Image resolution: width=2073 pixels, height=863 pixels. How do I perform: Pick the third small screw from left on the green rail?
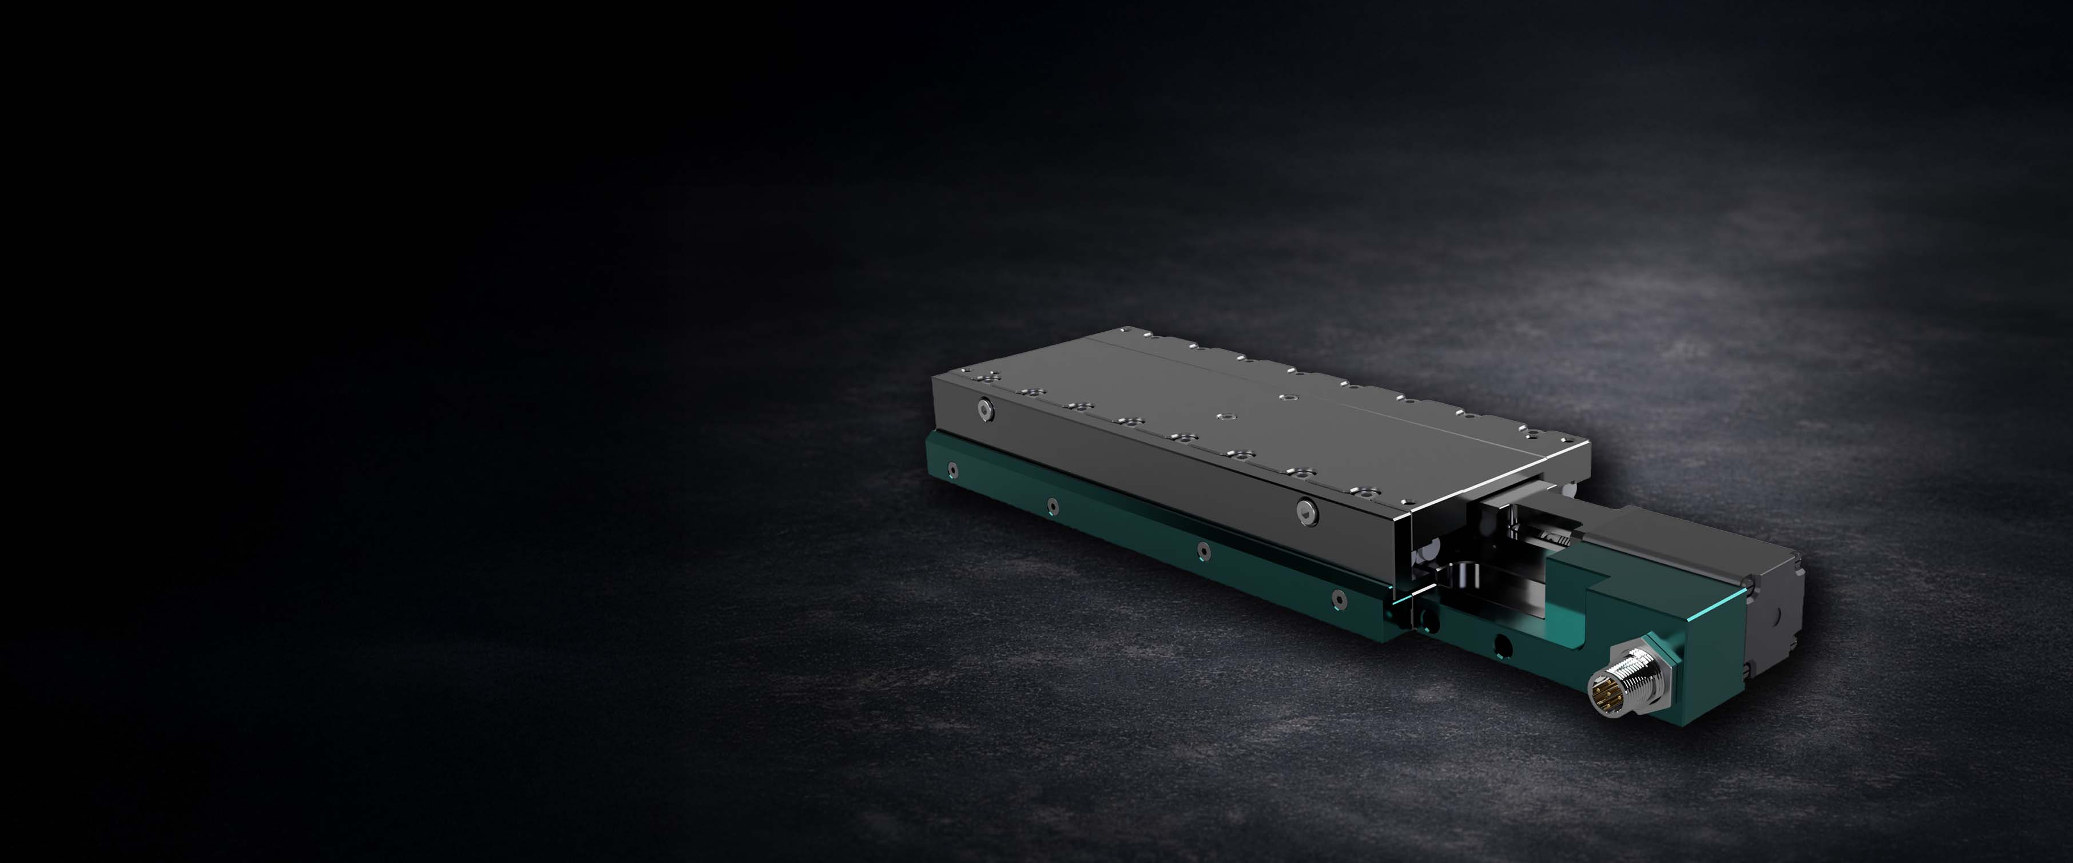pos(1204,550)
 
